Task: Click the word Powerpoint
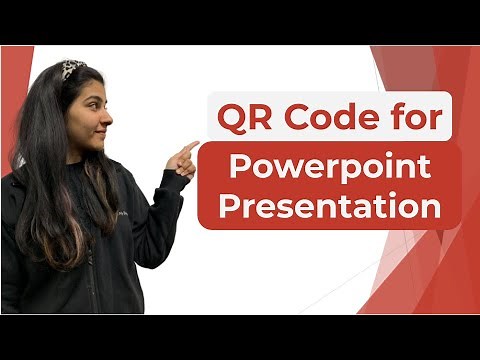(x=330, y=168)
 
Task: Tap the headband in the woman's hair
(x=73, y=68)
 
